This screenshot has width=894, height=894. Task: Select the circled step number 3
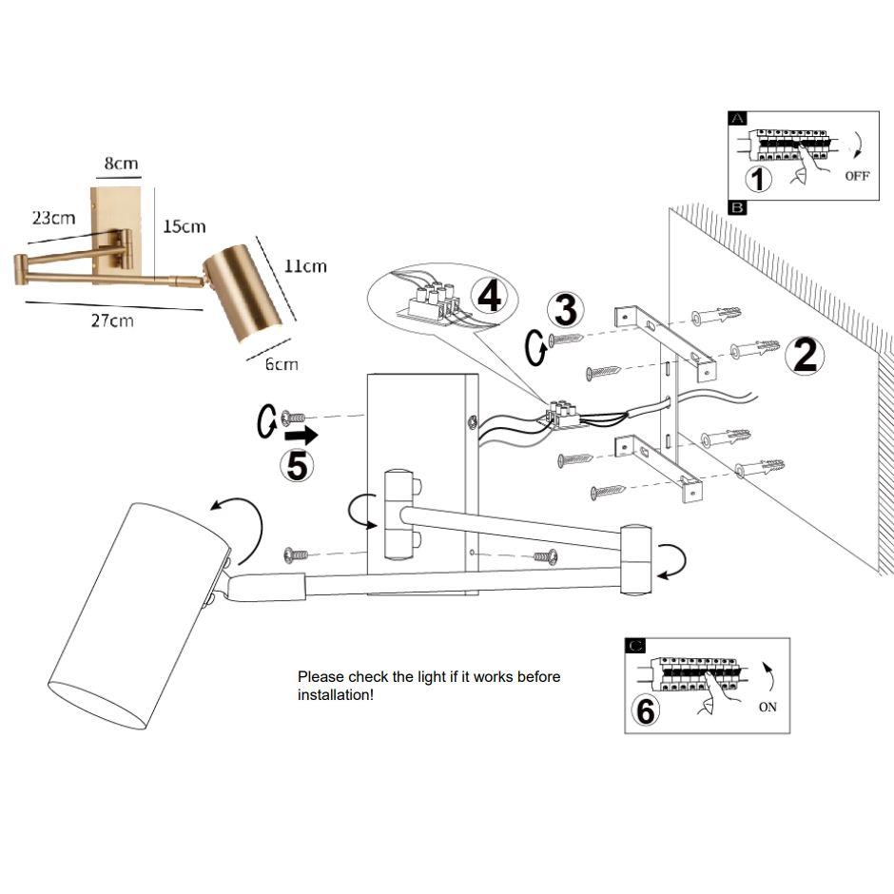point(564,310)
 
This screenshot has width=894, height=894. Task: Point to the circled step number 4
point(489,296)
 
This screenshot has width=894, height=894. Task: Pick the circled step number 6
point(646,709)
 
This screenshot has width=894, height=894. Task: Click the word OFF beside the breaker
point(857,175)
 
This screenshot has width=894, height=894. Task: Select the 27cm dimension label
point(112,321)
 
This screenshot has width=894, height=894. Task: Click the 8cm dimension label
point(121,164)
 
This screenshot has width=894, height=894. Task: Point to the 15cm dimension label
point(185,226)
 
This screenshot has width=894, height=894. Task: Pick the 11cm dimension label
point(305,266)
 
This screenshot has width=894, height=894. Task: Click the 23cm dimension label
point(53,218)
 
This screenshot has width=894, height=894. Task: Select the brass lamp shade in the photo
point(243,289)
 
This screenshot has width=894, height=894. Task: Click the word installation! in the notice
point(335,695)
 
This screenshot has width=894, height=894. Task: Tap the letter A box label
point(738,119)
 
